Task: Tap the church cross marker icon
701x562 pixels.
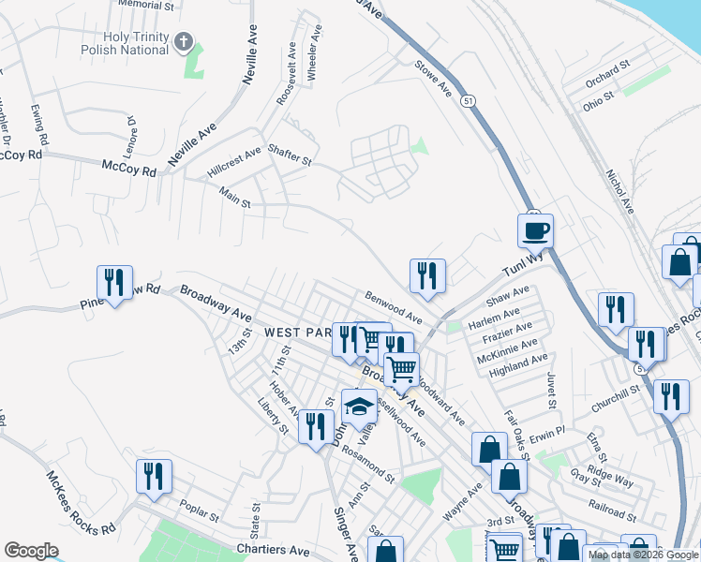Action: tap(184, 42)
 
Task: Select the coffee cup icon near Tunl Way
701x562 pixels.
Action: tap(536, 229)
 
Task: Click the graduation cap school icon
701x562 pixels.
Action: tap(358, 406)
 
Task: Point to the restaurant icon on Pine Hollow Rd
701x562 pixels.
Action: tap(113, 282)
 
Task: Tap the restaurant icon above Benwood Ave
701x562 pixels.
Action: tap(426, 275)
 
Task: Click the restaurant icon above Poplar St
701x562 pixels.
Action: tap(154, 476)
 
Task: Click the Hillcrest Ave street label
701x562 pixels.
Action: tap(234, 164)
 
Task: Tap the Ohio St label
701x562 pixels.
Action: tap(597, 96)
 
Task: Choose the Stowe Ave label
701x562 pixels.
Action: tap(434, 78)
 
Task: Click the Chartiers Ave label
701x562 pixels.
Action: tap(273, 551)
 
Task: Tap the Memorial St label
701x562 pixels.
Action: tap(147, 5)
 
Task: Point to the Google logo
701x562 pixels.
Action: tap(32, 551)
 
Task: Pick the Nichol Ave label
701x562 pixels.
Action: tap(619, 191)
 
